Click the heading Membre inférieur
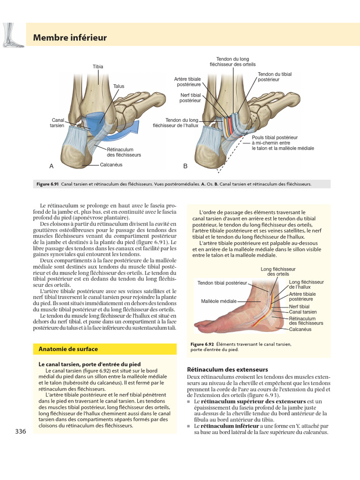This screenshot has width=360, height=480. click(x=70, y=37)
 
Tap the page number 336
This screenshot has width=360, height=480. click(x=21, y=431)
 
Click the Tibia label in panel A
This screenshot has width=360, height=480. click(x=97, y=67)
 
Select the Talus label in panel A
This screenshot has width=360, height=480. click(x=119, y=86)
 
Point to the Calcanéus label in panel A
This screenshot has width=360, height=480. click(x=112, y=165)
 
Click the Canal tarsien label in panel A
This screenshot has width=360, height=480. click(x=57, y=123)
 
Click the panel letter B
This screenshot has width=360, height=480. click(x=185, y=166)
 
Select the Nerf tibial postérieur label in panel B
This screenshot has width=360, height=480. click(x=190, y=97)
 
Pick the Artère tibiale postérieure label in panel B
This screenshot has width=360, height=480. click(x=187, y=82)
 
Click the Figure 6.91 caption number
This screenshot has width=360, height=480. click(x=47, y=184)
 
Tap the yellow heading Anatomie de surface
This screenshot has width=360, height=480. click(x=68, y=349)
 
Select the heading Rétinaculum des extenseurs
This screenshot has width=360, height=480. click(x=221, y=369)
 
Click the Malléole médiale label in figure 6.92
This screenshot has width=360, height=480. click(x=219, y=301)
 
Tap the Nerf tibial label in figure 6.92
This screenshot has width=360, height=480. click(x=299, y=306)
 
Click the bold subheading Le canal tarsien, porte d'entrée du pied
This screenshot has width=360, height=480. click(x=90, y=364)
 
